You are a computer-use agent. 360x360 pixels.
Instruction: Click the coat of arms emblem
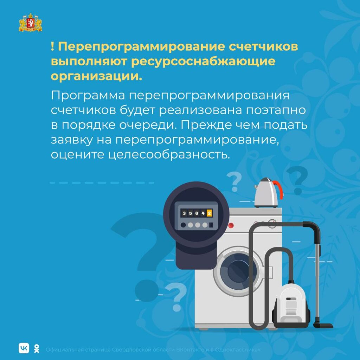point(30,22)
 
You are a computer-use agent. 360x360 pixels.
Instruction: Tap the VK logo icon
point(24,348)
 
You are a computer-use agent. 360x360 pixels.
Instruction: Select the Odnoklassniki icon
point(37,348)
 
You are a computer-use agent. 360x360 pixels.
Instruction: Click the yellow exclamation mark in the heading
point(53,47)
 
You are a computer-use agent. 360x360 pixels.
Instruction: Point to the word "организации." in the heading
point(96,76)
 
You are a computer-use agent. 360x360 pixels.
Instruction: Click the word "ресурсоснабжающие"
point(203,61)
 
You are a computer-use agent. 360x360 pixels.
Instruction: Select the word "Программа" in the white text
point(88,96)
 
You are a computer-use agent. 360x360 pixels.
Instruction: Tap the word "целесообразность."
point(169,154)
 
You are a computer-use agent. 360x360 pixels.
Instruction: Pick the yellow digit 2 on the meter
point(209,213)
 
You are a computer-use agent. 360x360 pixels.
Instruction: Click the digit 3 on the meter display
point(184,213)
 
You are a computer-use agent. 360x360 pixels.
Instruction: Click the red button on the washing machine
point(231,225)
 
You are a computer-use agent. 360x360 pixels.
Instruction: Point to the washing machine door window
point(239,271)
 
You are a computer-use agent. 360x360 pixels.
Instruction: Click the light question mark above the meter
point(234,182)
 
